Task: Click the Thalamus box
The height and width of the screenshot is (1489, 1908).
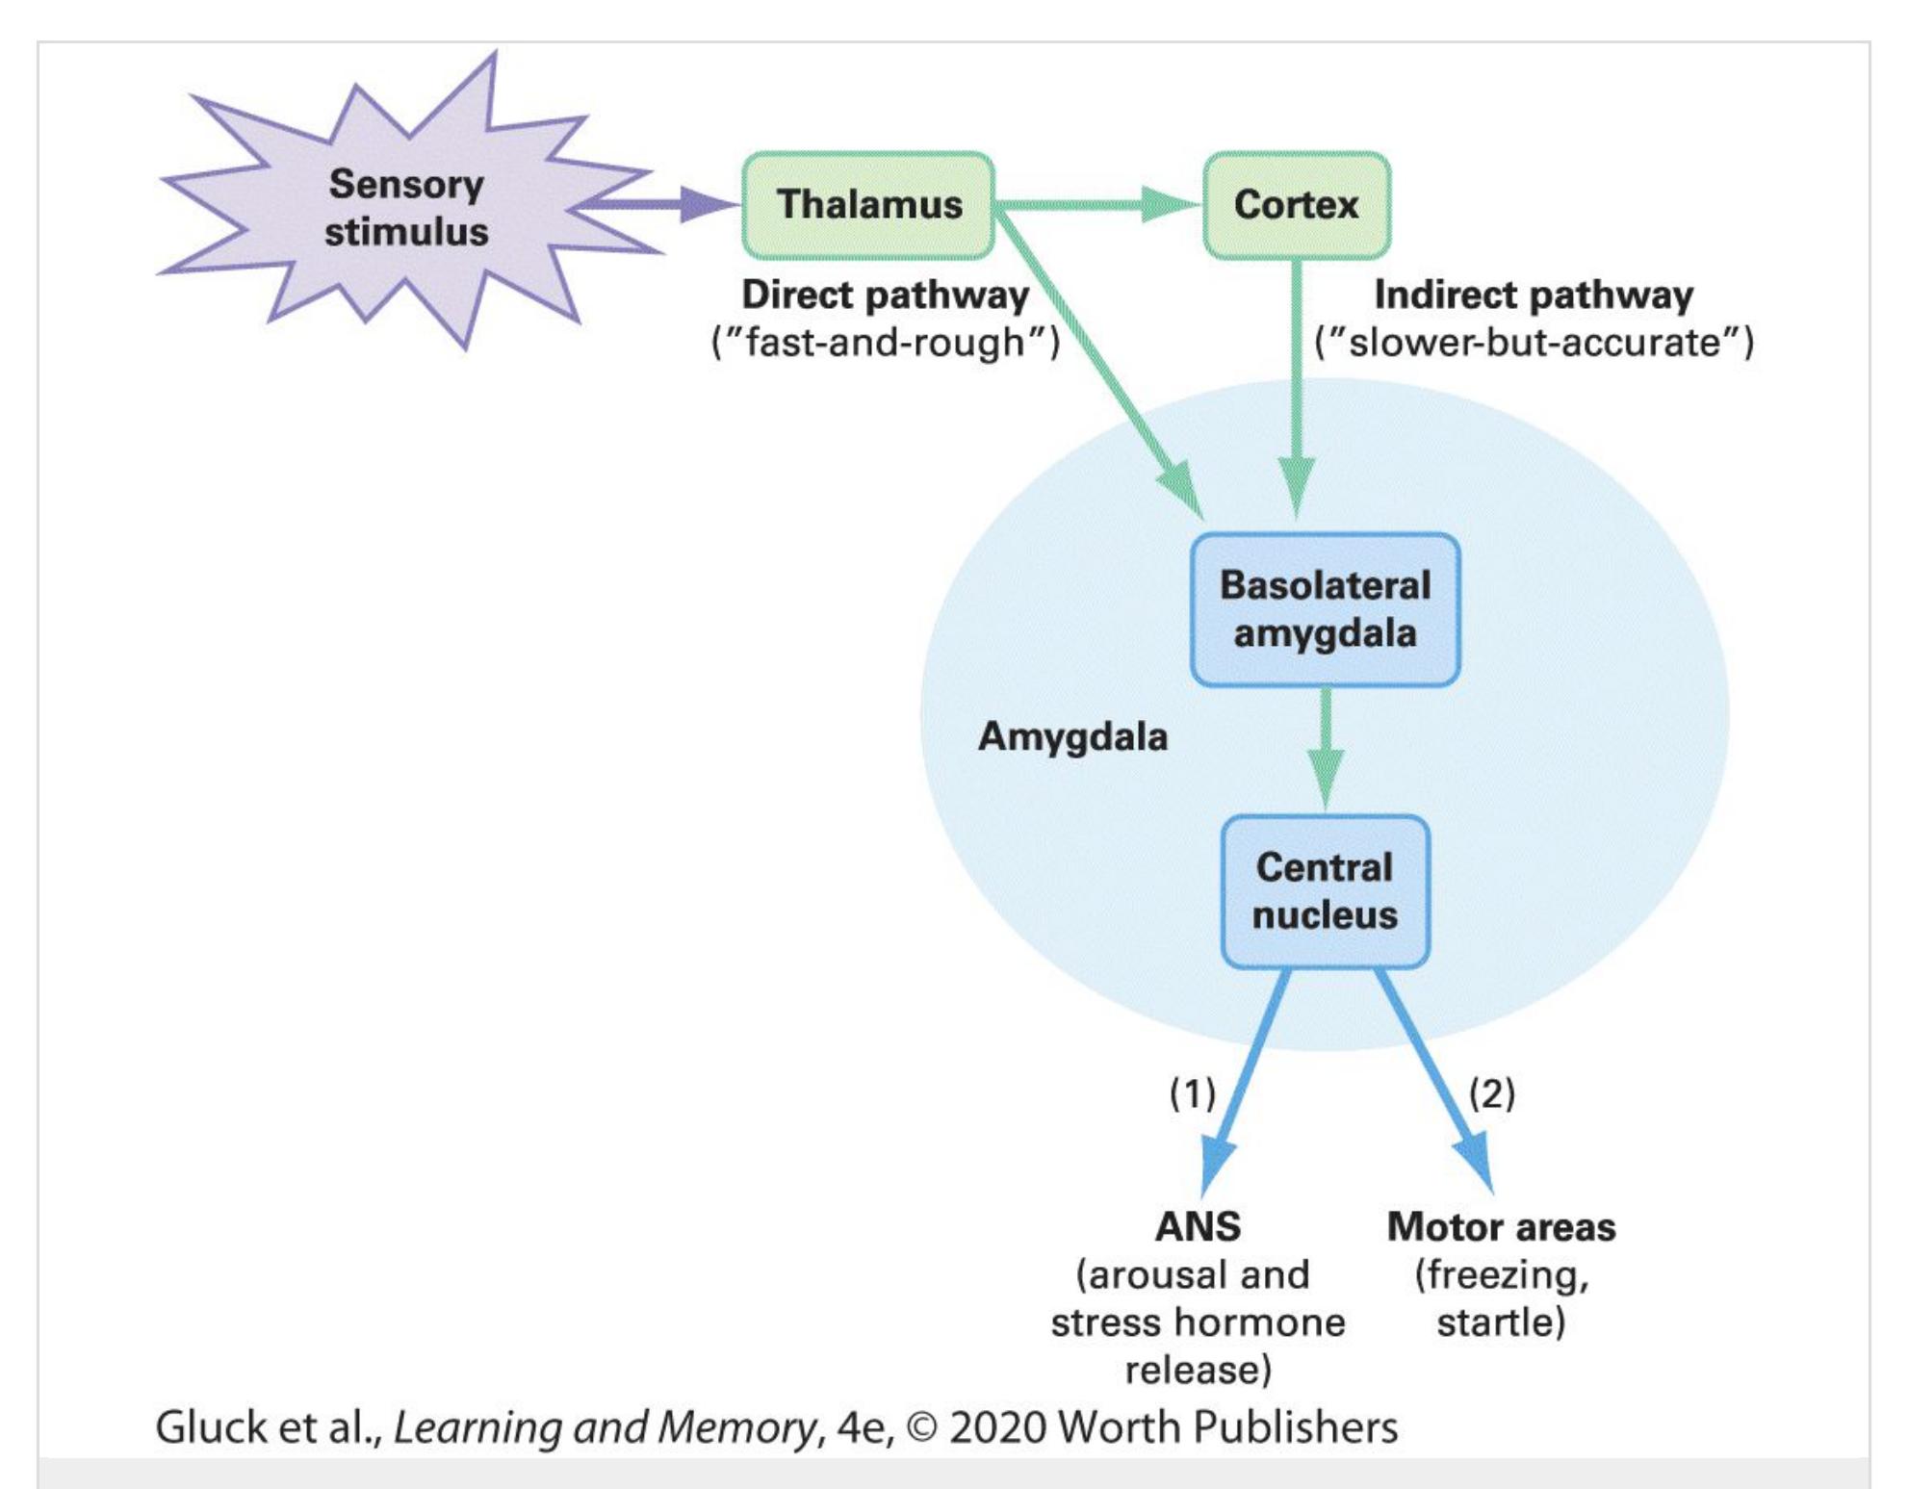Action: pos(868,205)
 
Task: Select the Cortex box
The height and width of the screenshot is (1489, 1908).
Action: pos(1296,205)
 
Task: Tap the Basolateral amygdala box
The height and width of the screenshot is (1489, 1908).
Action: pos(1325,609)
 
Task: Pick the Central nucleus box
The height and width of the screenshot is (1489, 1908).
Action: pos(1325,891)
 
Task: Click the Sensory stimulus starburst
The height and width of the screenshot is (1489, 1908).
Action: pos(406,208)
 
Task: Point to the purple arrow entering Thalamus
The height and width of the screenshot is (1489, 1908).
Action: pos(664,204)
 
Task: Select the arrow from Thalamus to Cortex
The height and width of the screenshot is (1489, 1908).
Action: pos(1097,204)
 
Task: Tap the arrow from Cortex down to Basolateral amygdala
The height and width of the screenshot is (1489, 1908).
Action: pos(1297,385)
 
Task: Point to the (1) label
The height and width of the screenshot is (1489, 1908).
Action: pos(1193,1093)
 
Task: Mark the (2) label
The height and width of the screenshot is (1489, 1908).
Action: pos(1492,1093)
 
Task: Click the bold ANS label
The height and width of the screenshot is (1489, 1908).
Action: pos(1198,1227)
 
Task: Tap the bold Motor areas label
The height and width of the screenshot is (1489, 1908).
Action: pos(1501,1227)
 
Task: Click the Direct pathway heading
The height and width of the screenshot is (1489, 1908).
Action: pos(885,295)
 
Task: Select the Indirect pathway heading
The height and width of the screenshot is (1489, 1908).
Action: pos(1534,295)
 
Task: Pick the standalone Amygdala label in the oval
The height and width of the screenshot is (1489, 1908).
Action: pos(1072,737)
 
